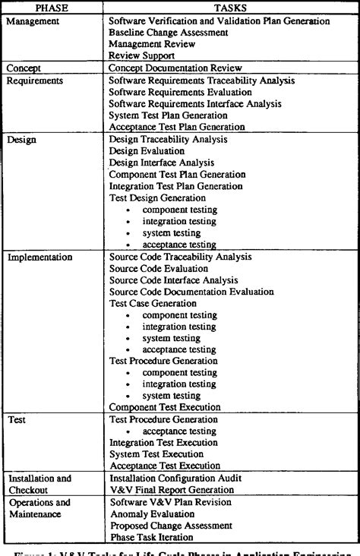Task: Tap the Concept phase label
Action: click(26, 68)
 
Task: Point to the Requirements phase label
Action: click(35, 80)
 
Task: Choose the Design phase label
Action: click(23, 140)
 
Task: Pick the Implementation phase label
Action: click(40, 257)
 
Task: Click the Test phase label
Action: click(18, 419)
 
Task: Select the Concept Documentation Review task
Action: click(177, 68)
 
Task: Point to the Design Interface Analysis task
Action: click(162, 163)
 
